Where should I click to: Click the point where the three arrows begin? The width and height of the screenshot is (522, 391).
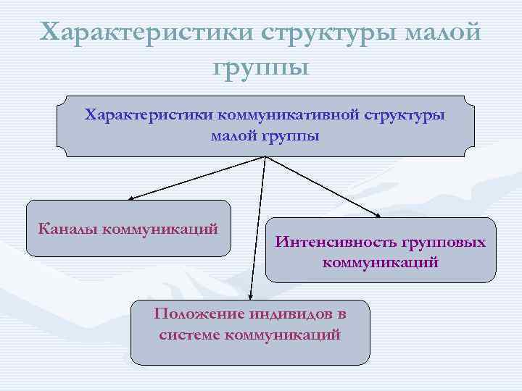pos(266,157)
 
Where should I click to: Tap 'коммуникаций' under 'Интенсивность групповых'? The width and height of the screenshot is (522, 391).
pos(381,262)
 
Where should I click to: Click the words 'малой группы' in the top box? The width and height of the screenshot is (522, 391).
pos(265,135)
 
